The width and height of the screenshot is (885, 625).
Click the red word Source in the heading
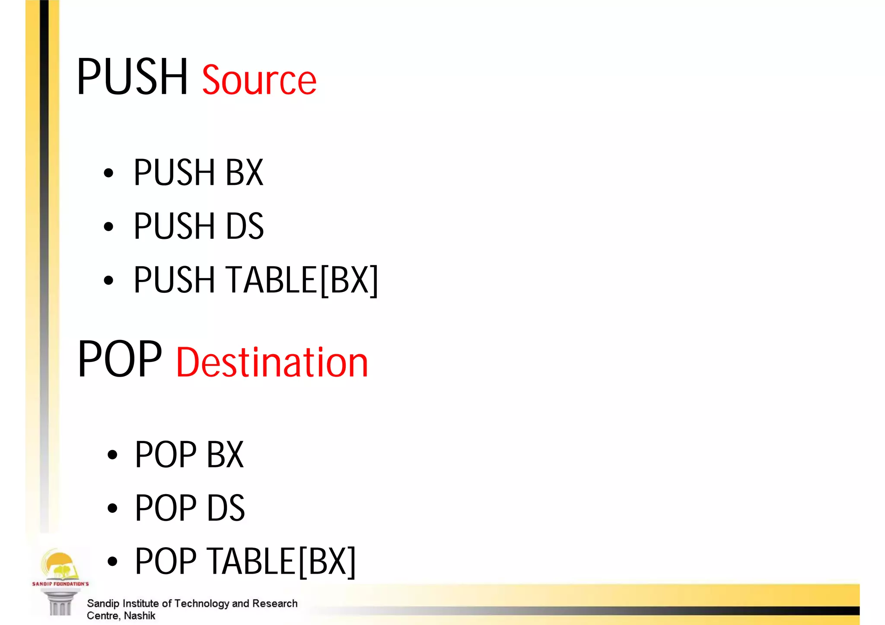click(259, 80)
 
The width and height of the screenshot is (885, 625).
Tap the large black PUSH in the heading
click(132, 77)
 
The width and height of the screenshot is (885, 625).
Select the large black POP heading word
click(120, 359)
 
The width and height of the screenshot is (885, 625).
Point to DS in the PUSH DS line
click(245, 226)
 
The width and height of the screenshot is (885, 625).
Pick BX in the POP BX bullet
click(225, 454)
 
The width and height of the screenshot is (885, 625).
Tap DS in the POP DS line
click(226, 508)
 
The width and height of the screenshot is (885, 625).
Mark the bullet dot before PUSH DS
click(108, 227)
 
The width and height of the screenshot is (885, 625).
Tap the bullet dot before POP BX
click(112, 455)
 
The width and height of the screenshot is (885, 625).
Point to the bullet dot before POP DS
click(112, 508)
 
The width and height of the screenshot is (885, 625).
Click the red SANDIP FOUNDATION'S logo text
click(60, 584)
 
